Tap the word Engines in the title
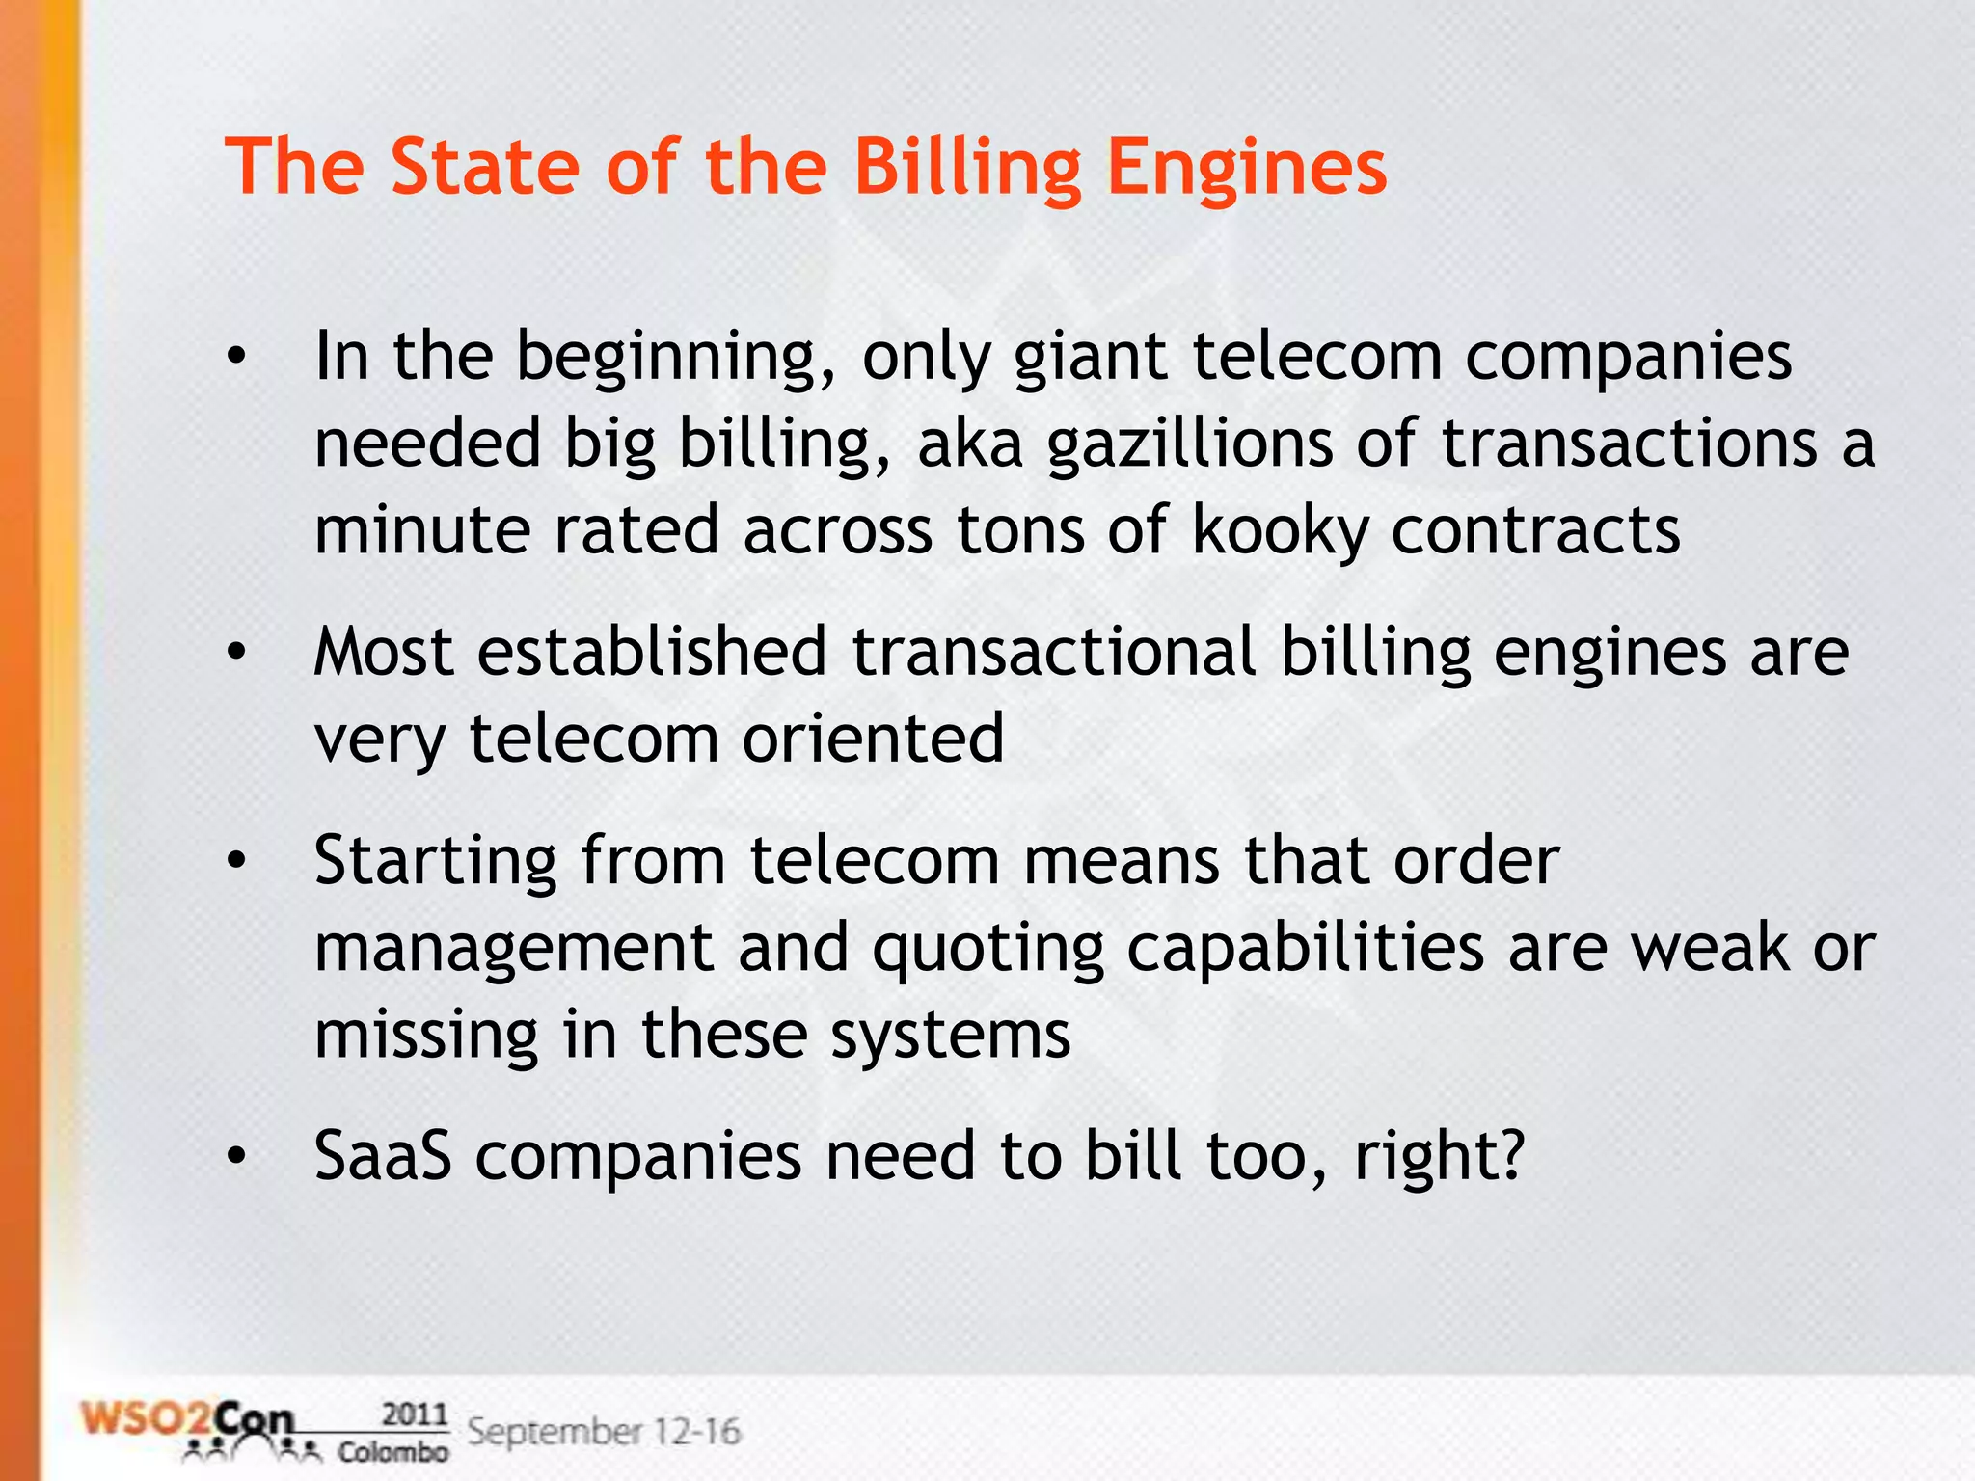pos(1246,170)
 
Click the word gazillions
pos(1189,445)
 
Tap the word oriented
pos(873,740)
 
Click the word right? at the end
pos(1439,1157)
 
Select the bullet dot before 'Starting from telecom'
pos(237,862)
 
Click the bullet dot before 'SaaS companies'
pos(237,1156)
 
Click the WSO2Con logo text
pos(187,1420)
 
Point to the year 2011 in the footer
pos(415,1414)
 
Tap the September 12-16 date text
pos(604,1432)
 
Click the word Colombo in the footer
pos(392,1452)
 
